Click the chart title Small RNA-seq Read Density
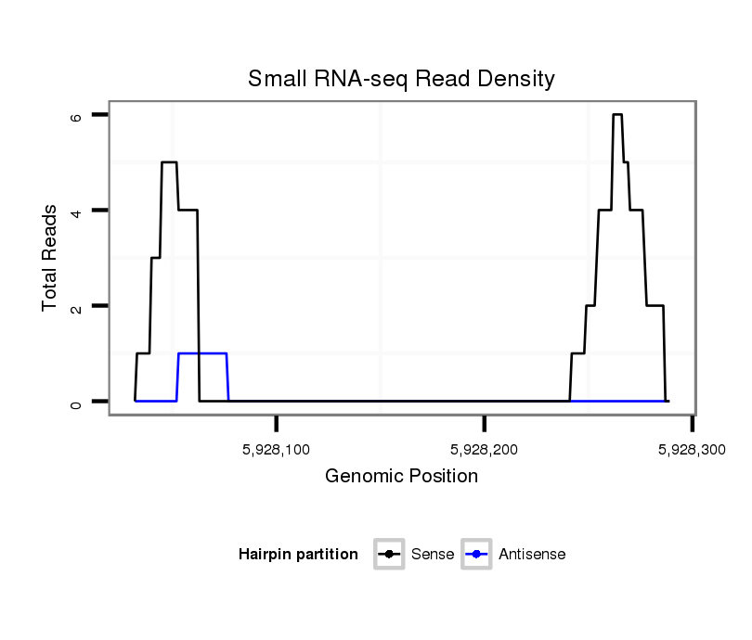[x=401, y=79]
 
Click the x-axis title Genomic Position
[x=401, y=477]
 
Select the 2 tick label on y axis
[x=77, y=306]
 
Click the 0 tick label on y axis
[x=77, y=402]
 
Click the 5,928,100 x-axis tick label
[x=278, y=449]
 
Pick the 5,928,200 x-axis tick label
[x=485, y=449]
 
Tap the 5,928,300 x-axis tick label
[x=691, y=449]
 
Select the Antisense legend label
[x=532, y=555]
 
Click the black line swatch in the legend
[x=389, y=555]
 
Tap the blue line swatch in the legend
[x=476, y=555]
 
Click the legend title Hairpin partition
[x=298, y=555]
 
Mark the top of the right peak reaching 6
[x=617, y=114]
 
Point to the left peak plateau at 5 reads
[x=169, y=162]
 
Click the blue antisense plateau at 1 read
[x=202, y=353]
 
